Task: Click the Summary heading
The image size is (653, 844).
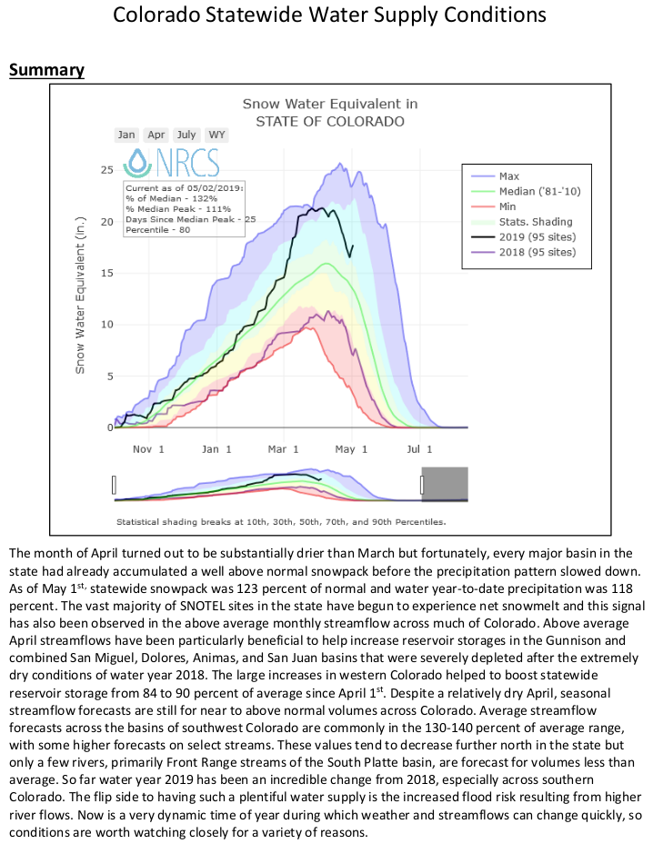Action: tap(46, 70)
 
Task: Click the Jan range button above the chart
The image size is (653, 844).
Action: tap(126, 135)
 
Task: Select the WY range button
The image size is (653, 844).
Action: tap(216, 135)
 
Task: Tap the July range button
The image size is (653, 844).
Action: tap(186, 135)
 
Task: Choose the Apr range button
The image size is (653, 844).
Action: tap(156, 135)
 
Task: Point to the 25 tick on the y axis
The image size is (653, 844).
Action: tap(106, 170)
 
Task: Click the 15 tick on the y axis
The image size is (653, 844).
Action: tap(106, 273)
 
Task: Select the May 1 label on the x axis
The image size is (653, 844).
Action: tap(351, 448)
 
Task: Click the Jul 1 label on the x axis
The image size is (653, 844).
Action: tap(418, 448)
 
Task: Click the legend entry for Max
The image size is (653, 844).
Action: tap(509, 176)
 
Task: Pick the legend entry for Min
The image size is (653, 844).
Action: tap(508, 206)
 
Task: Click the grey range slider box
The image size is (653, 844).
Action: tap(445, 484)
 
